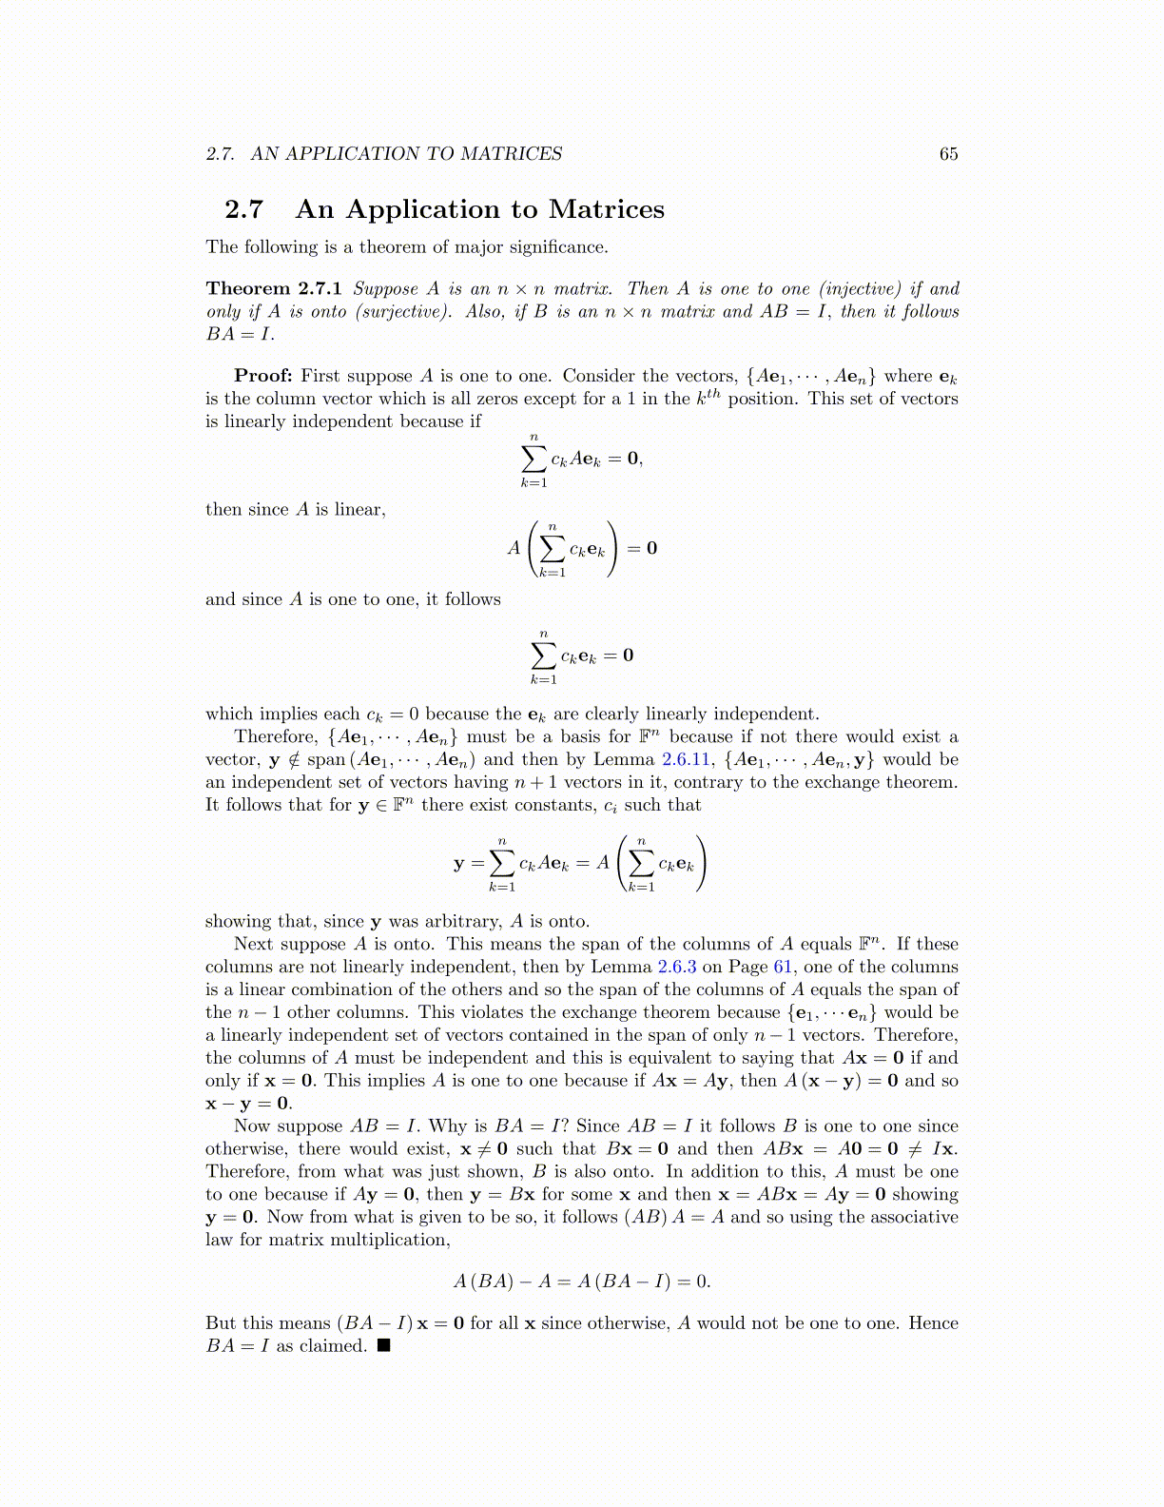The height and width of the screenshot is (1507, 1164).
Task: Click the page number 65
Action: click(948, 154)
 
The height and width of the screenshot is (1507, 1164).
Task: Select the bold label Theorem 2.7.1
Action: click(274, 289)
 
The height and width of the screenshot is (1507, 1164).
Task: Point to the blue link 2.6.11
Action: click(687, 759)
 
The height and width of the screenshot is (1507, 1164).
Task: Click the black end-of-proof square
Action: click(383, 1345)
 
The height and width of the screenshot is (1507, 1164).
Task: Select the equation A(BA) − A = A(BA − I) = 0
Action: click(582, 1282)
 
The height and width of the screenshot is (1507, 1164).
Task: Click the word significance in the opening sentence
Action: click(557, 247)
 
